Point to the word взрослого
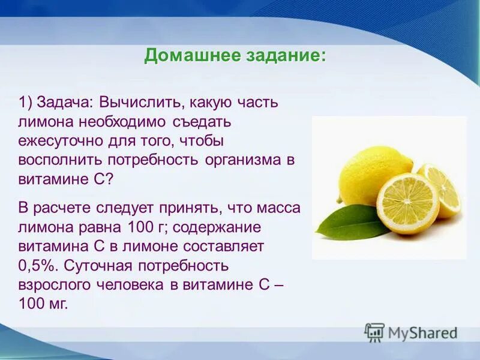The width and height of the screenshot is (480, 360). click(58, 285)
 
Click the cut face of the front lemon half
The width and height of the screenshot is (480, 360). click(408, 203)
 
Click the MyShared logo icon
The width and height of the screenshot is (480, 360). click(375, 332)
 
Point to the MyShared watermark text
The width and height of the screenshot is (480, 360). click(422, 332)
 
